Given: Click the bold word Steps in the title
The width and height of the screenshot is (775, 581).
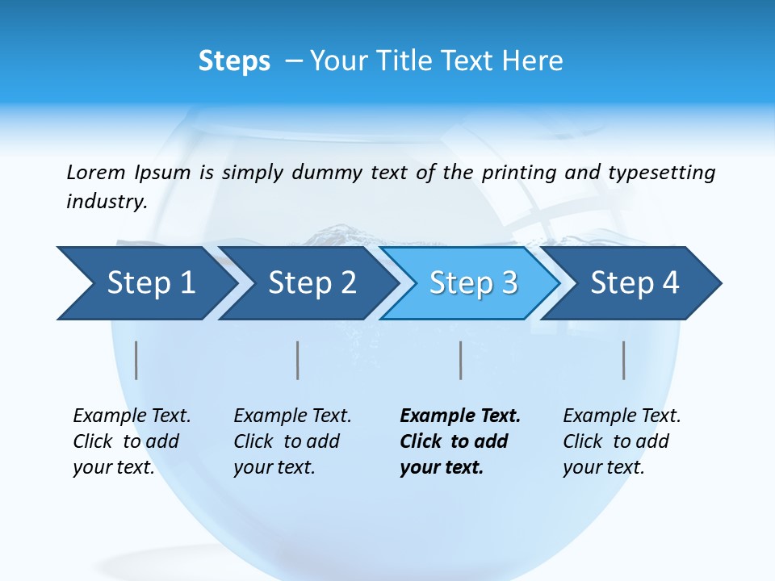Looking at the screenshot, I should tap(234, 61).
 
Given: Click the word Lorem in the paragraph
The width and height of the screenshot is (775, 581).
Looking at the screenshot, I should tap(96, 173).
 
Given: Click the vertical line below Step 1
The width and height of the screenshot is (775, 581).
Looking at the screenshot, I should tap(136, 360).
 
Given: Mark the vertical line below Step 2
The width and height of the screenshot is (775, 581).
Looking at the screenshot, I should tap(298, 360).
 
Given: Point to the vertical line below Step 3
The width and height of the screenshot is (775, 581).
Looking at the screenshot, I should tap(461, 360).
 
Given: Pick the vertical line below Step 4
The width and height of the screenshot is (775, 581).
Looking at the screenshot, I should tap(624, 360).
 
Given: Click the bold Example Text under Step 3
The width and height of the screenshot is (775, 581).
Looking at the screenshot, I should tap(460, 416).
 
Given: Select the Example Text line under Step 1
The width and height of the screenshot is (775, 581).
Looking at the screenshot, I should tap(132, 416).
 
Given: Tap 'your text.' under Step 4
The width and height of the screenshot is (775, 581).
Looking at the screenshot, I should tap(603, 468).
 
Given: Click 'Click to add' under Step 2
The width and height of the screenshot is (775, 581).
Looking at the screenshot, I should tap(287, 442).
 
